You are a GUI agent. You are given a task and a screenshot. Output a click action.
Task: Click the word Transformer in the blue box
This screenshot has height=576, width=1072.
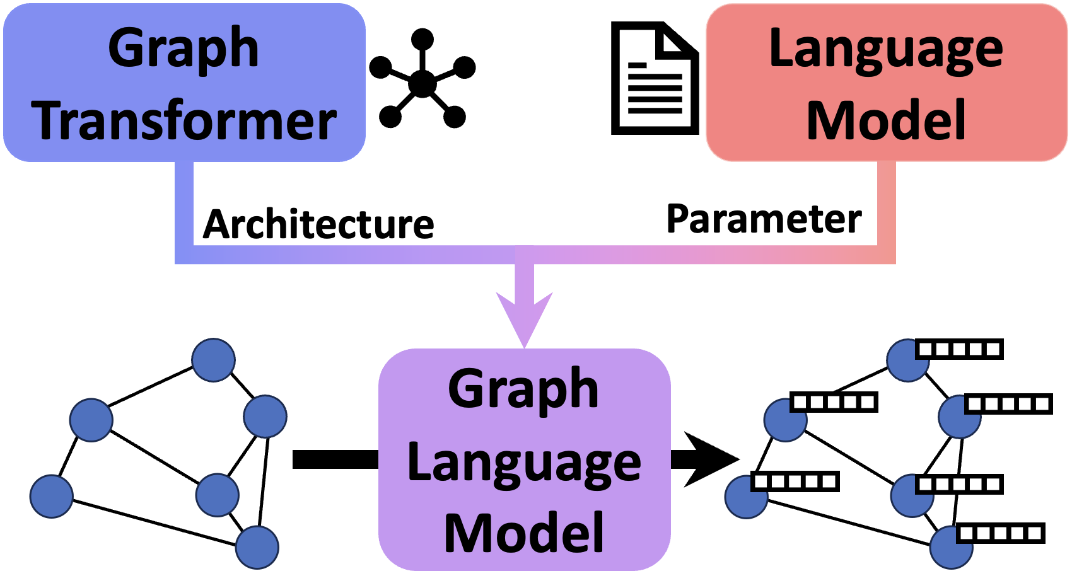click(x=184, y=122)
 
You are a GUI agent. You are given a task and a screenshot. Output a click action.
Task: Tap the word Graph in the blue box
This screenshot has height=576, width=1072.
click(x=184, y=49)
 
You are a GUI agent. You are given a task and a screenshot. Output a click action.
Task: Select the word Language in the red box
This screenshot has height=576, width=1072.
click(x=886, y=50)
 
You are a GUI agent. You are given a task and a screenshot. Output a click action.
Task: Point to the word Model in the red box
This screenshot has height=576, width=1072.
click(x=886, y=120)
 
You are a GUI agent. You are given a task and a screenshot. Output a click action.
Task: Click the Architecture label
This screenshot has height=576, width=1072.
click(x=318, y=224)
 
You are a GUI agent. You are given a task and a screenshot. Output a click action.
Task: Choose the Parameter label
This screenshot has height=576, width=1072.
click(x=764, y=219)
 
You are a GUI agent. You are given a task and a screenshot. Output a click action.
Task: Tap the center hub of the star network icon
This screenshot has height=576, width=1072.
click(x=422, y=83)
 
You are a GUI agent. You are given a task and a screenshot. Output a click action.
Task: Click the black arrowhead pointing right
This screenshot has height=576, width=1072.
click(x=709, y=459)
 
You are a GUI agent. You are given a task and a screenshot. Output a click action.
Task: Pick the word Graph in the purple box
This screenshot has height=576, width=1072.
click(x=523, y=390)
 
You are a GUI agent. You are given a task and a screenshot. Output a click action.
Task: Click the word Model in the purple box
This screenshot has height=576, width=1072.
click(x=524, y=534)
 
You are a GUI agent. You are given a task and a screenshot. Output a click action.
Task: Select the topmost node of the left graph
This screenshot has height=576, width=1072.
click(x=214, y=360)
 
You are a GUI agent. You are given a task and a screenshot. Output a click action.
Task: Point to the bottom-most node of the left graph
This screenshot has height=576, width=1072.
click(x=257, y=547)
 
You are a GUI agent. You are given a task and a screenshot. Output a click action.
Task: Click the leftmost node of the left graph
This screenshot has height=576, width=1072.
click(x=52, y=497)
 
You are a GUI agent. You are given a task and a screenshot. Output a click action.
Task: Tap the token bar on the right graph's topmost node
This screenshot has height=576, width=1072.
click(x=959, y=349)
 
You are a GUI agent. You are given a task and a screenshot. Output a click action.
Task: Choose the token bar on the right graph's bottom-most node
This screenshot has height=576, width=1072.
click(x=1001, y=533)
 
